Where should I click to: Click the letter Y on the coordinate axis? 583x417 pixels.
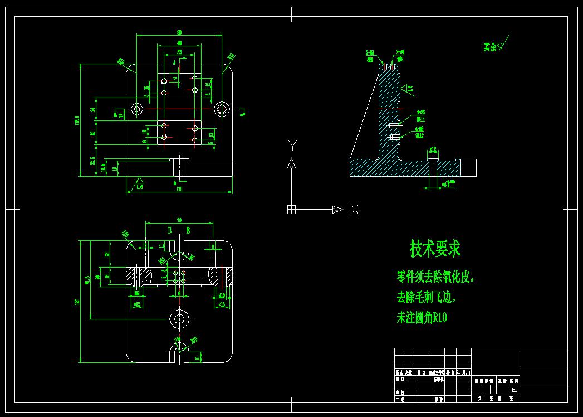[x=291, y=146]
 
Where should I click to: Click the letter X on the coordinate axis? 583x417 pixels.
[x=355, y=210]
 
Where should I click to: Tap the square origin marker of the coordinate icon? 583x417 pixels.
[x=291, y=210]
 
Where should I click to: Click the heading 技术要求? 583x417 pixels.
[x=435, y=249]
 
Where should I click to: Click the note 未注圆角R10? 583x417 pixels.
[x=422, y=318]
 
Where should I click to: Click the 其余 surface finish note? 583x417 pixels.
[x=490, y=47]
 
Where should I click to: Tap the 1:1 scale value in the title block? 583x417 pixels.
[x=513, y=390]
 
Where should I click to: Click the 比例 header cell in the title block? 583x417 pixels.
[x=513, y=380]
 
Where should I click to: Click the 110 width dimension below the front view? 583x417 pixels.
[x=179, y=189]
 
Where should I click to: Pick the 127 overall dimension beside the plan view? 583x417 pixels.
[x=78, y=302]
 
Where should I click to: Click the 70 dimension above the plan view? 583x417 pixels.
[x=179, y=220]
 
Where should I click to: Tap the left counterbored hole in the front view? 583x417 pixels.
[x=137, y=109]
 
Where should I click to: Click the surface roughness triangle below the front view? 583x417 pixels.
[x=139, y=181]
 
